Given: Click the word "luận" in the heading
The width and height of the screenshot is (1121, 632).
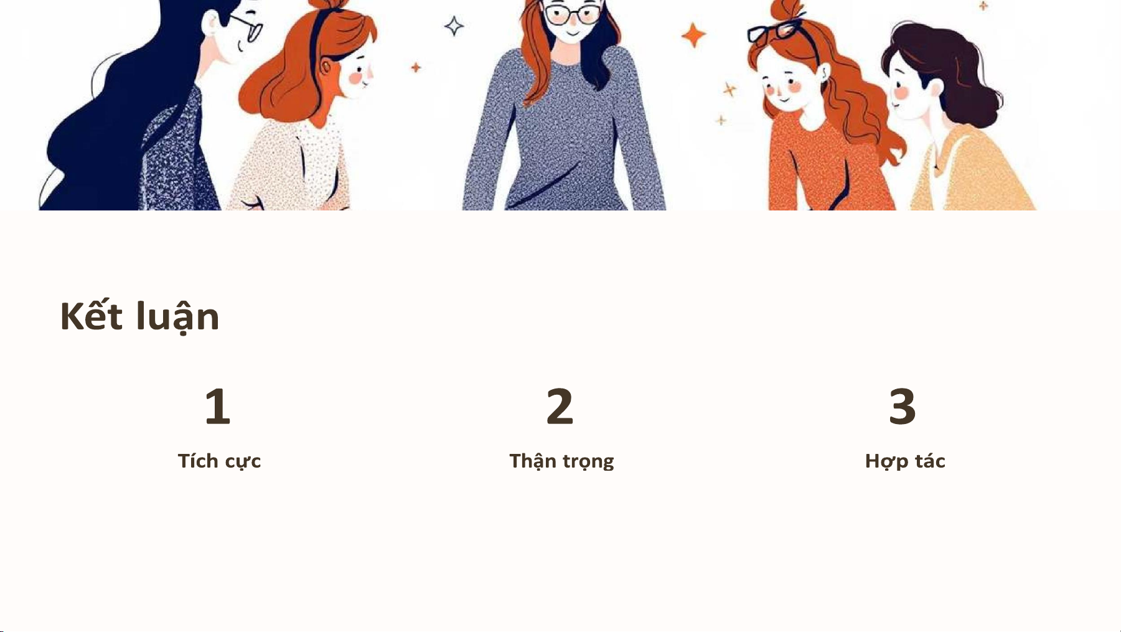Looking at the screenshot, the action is [x=178, y=317].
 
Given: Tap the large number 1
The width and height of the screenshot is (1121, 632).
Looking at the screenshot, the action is [x=218, y=406].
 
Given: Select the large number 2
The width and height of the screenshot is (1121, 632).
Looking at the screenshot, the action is [x=560, y=406].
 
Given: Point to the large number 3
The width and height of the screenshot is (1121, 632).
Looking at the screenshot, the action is [x=902, y=406].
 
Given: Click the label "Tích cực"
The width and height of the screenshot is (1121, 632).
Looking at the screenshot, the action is [x=219, y=461].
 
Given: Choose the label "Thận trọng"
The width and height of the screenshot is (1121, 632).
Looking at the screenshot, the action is [x=561, y=461].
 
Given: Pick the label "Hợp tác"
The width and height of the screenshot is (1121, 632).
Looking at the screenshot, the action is [x=905, y=461].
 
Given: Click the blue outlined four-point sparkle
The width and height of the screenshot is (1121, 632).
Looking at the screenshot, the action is [x=454, y=26].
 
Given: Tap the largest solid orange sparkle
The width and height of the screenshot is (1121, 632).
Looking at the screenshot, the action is [x=693, y=35].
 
